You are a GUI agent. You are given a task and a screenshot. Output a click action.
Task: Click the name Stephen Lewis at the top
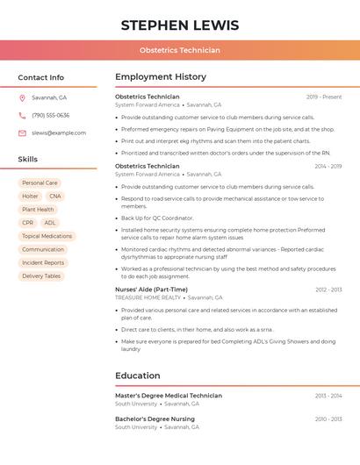(180, 25)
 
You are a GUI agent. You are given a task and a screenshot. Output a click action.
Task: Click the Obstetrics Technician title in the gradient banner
(180, 50)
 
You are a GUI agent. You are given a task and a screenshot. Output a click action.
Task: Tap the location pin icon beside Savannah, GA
(22, 97)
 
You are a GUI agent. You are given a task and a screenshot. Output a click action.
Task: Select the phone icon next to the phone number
(22, 115)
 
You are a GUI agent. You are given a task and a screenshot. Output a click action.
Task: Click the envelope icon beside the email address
(22, 132)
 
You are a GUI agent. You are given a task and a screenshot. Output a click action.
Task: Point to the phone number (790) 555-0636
(50, 115)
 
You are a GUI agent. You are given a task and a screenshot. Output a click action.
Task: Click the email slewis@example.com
(59, 132)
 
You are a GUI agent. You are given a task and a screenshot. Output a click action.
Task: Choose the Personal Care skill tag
(40, 183)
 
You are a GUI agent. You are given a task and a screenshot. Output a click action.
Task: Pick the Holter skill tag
(30, 197)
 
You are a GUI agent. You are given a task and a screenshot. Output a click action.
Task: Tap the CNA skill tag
(55, 197)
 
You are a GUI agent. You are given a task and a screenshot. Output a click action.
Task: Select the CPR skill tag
(28, 223)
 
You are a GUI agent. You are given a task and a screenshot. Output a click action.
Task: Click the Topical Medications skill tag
(47, 236)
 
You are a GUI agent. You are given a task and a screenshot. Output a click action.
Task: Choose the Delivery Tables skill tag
(41, 275)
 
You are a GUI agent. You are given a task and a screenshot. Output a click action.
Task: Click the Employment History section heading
(161, 77)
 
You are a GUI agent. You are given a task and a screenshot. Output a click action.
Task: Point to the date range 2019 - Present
(324, 97)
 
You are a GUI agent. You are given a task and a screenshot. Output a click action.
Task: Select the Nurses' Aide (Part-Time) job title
(151, 290)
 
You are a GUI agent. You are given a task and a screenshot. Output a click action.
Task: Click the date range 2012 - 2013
(328, 290)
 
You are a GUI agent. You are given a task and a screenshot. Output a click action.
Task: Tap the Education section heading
(138, 376)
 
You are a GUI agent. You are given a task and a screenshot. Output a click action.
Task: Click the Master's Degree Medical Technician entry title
(169, 396)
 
